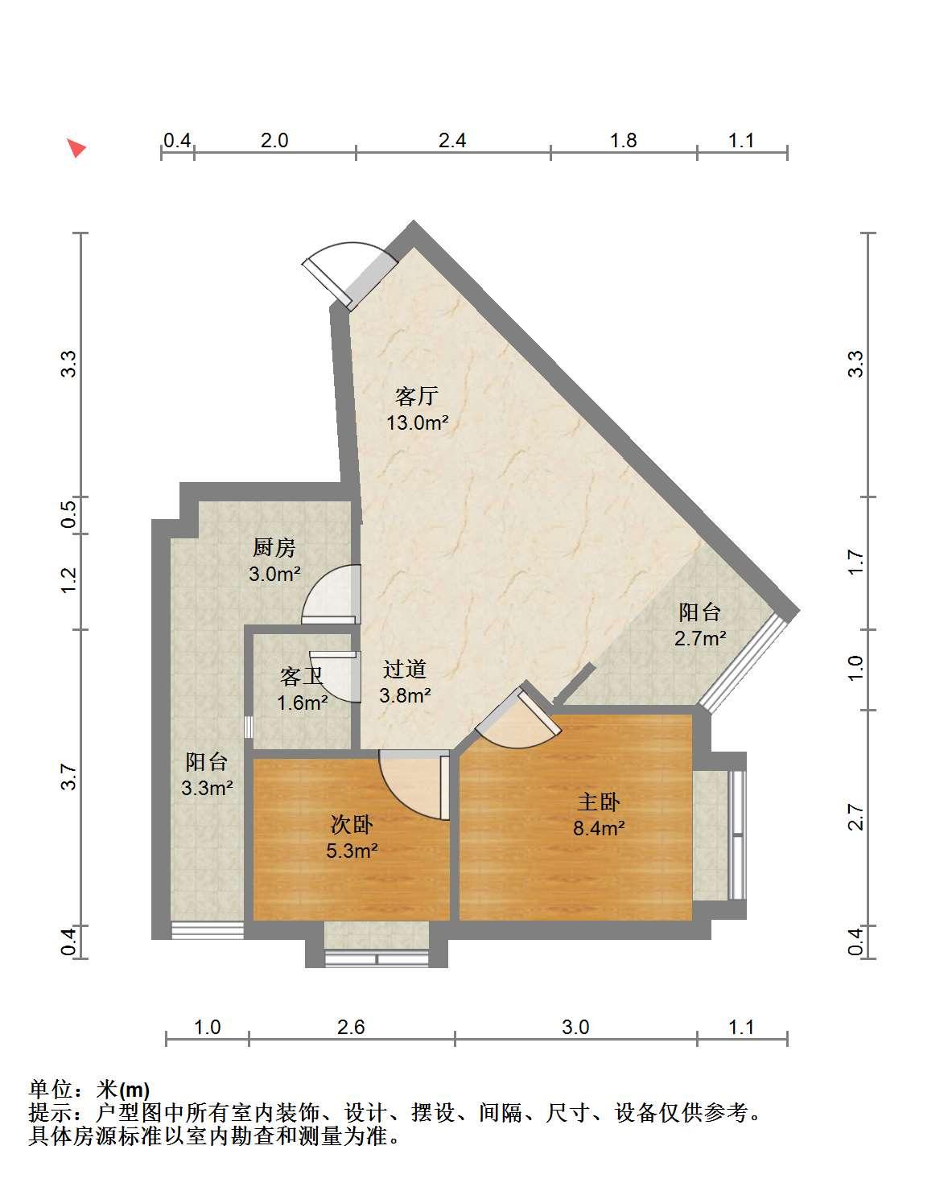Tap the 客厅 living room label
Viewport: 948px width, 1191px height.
416,396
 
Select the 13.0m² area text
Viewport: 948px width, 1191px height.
417,422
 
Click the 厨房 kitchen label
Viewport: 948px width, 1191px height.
274,547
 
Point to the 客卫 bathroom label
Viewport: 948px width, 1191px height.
302,676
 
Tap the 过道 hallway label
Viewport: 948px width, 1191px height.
405,669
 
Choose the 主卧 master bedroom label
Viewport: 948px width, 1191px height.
598,802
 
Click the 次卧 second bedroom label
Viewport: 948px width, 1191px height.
352,825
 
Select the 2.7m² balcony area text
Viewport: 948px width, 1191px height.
699,639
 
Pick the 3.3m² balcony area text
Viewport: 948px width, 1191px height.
207,788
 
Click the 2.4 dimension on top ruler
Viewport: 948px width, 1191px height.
452,141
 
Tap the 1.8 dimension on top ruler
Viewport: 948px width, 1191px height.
623,141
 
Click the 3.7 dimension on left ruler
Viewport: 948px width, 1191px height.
68,777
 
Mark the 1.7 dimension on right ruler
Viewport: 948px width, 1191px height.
855,563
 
